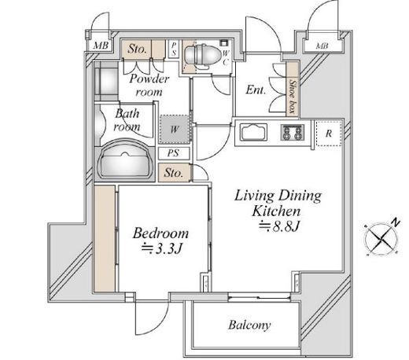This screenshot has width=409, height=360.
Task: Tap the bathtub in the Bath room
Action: pos(125,160)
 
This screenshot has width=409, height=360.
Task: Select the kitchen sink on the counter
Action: pos(253,132)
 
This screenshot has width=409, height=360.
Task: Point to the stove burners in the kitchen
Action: pos(292,132)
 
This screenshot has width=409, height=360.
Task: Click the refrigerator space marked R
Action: pos(328,134)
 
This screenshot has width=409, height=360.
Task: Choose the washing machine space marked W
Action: pos(175,129)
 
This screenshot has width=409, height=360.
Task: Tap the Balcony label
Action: pos(249,325)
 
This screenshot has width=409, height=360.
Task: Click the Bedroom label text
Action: pos(160,233)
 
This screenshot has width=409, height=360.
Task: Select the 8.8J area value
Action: pos(279,226)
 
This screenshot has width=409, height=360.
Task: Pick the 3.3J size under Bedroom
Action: pos(162,248)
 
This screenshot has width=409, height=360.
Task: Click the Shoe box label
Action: pos(293,97)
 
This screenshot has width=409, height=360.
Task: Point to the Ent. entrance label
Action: pos(256,90)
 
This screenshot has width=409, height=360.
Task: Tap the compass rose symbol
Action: pos(381,239)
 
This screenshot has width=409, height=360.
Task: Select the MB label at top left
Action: pos(101,46)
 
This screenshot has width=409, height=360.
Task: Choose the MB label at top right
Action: pos(322,46)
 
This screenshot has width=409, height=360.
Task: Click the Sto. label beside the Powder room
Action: pos(137,49)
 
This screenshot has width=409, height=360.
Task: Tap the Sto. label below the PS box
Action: pos(173,173)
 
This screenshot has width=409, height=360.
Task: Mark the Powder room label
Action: pos(149,86)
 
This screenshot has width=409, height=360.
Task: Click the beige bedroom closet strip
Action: pos(105,238)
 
